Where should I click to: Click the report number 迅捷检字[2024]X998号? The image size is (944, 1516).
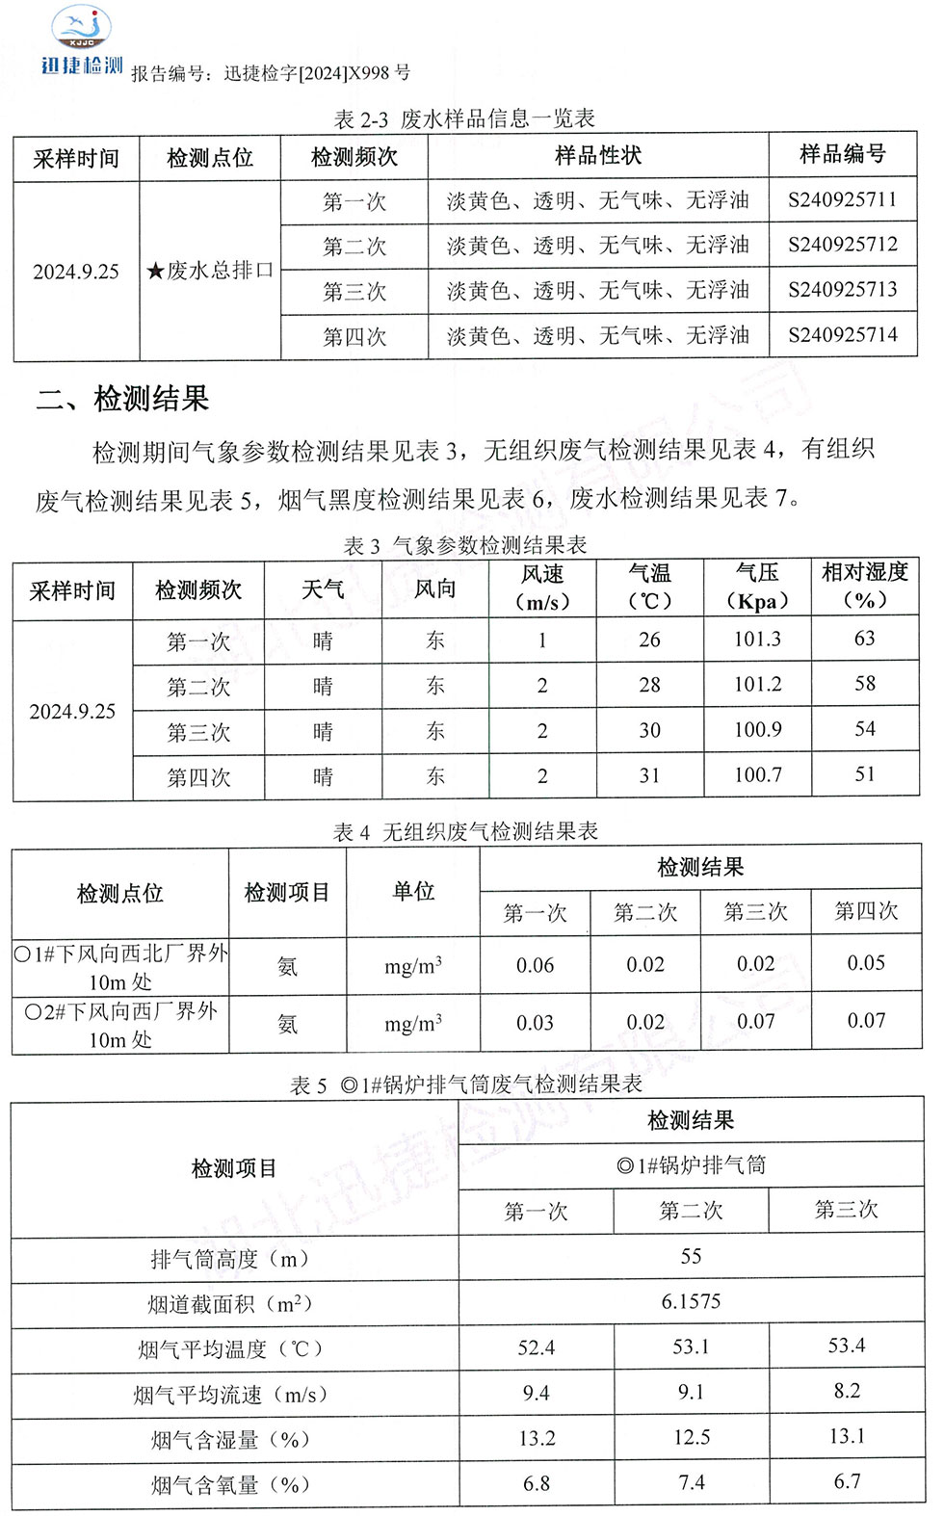[317, 73]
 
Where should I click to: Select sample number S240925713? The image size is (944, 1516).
[842, 290]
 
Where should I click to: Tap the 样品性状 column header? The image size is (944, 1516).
[597, 156]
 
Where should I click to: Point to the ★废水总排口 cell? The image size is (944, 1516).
[209, 271]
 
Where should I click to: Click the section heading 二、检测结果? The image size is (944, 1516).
[122, 399]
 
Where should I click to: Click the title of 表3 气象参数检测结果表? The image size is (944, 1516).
[465, 546]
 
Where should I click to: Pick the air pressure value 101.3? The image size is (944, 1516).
[757, 640]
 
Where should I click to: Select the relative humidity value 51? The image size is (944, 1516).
[865, 774]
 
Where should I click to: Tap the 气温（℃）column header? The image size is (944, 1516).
[649, 588]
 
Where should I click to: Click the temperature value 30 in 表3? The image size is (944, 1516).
[649, 730]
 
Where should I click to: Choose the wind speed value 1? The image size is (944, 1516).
[542, 640]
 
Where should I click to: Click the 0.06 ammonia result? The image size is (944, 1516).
[535, 965]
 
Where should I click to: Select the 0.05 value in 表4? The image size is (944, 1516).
[866, 963]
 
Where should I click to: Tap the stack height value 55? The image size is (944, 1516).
[691, 1257]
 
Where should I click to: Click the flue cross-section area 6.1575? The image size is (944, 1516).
[691, 1302]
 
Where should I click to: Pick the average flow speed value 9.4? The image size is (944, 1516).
[536, 1393]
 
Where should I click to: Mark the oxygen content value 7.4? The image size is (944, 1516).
[691, 1483]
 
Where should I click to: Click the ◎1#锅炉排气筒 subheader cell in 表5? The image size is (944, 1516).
[691, 1166]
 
